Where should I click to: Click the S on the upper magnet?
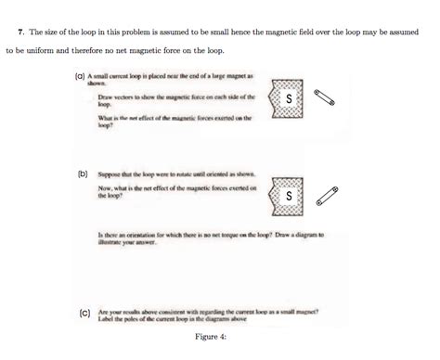pyautogui.click(x=290, y=99)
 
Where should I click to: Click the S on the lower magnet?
pyautogui.click(x=290, y=197)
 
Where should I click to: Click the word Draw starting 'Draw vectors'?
pyautogui.click(x=105, y=96)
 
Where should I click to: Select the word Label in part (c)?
pyautogui.click(x=106, y=320)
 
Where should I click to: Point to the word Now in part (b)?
pyautogui.click(x=103, y=188)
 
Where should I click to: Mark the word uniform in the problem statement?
pyautogui.click(x=42, y=50)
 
